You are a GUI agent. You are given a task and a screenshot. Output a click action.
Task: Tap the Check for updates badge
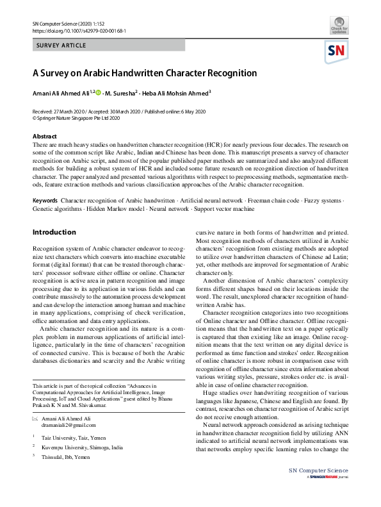tap(339, 28)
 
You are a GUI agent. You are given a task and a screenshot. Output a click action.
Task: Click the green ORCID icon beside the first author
tap(99, 93)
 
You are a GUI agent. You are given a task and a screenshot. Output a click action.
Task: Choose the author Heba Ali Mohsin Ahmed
tap(174, 94)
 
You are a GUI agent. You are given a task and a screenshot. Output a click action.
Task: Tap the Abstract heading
tap(45, 137)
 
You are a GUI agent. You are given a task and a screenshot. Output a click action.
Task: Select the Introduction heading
tap(54, 232)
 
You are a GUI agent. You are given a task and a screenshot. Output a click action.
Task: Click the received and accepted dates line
tap(118, 112)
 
